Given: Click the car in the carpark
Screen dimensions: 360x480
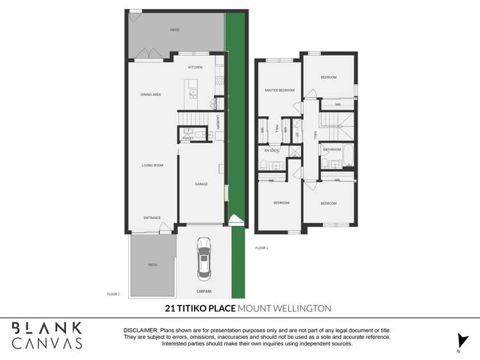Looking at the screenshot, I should pyautogui.click(x=204, y=259).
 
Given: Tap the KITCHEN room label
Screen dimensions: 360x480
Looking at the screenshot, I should pyautogui.click(x=195, y=67).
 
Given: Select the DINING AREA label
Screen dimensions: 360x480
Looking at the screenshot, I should pyautogui.click(x=151, y=95).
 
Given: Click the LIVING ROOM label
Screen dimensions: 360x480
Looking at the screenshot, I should pyautogui.click(x=153, y=165).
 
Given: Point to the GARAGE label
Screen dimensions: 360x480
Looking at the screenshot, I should pyautogui.click(x=201, y=184).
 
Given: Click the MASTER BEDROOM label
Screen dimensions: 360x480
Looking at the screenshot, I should pyautogui.click(x=279, y=90).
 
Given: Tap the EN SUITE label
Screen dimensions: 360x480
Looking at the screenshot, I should pyautogui.click(x=272, y=151).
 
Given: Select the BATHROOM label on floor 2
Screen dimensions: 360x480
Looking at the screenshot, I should pyautogui.click(x=332, y=150).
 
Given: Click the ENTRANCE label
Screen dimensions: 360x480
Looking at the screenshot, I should pyautogui.click(x=152, y=218).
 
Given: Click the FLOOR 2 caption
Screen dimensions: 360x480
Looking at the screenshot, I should pyautogui.click(x=261, y=248).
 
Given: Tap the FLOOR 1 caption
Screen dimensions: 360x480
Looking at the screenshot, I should pyautogui.click(x=113, y=294).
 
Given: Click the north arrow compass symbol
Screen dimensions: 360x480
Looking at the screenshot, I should pyautogui.click(x=459, y=341).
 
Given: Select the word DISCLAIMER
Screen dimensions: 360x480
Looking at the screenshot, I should pyautogui.click(x=140, y=329).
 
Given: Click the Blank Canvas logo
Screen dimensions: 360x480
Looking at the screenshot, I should pyautogui.click(x=47, y=336).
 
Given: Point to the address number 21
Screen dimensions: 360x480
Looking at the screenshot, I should pyautogui.click(x=170, y=309).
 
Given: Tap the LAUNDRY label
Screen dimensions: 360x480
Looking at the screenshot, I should pyautogui.click(x=219, y=122).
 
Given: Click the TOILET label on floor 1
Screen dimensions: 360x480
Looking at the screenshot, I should pyautogui.click(x=188, y=138).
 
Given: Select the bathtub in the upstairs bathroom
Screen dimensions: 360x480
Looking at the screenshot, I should pyautogui.click(x=348, y=154).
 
